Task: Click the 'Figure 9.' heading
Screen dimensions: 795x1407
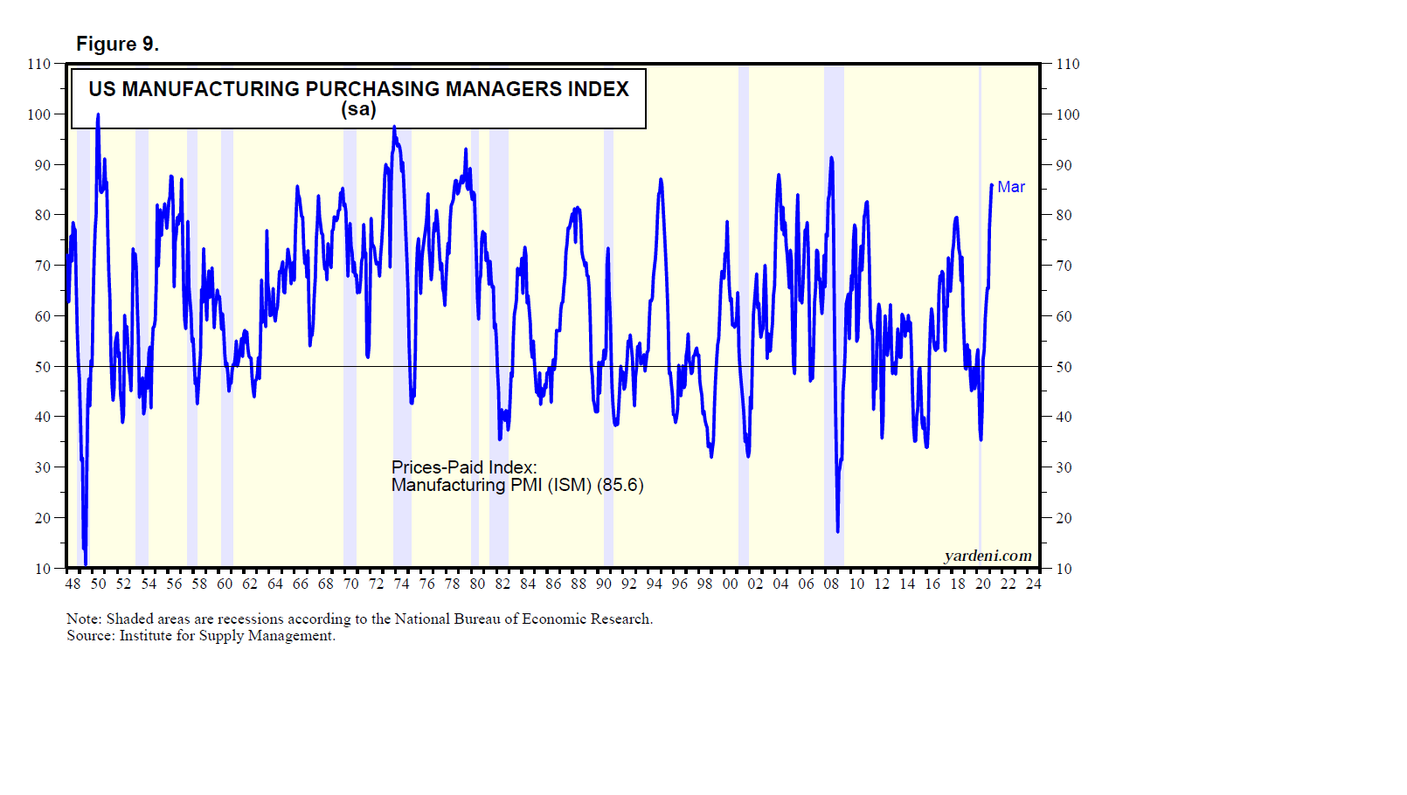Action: point(117,45)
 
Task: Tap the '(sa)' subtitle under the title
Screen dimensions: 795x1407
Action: point(358,109)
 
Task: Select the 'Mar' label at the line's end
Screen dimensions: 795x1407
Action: point(1011,187)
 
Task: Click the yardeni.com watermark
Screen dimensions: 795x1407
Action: point(988,556)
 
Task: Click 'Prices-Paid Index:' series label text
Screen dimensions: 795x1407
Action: point(464,467)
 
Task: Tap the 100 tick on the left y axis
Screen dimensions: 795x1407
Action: point(39,114)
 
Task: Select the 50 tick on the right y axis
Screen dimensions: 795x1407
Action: point(1064,367)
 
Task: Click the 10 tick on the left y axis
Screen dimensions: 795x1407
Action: point(43,569)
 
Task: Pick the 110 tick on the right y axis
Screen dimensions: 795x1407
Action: point(1068,64)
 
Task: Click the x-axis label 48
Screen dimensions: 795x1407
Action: point(73,584)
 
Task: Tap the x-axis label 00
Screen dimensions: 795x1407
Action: point(730,584)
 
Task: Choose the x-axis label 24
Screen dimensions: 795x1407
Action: point(1034,584)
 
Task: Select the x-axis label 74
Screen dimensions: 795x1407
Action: point(401,584)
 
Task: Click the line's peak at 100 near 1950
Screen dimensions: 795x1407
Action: point(98,115)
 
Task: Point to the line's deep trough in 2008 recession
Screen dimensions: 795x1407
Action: point(837,530)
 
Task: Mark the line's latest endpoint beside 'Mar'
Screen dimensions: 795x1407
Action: point(992,185)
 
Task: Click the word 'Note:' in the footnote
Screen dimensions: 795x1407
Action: point(84,619)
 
